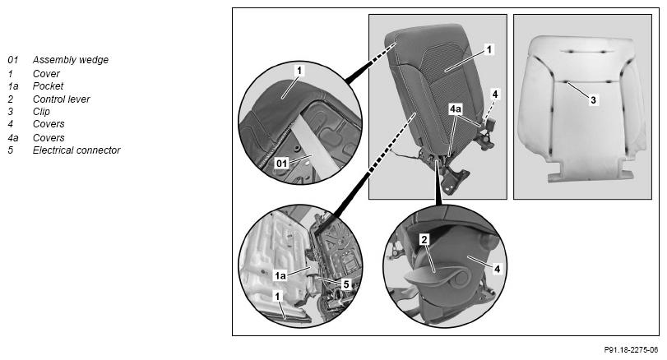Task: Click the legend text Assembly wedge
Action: pos(71,60)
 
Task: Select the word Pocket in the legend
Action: pos(48,85)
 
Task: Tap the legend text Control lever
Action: pos(61,99)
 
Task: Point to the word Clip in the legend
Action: pos(41,112)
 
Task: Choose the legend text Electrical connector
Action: pos(76,150)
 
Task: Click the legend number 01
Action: pos(13,60)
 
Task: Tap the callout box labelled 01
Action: pos(281,163)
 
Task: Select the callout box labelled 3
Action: pos(594,100)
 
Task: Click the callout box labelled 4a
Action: pos(455,109)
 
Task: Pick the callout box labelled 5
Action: pos(346,284)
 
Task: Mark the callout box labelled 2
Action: pos(424,240)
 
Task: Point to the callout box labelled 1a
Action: pos(280,276)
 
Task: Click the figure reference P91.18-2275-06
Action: pos(631,350)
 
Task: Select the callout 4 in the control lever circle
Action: pos(497,269)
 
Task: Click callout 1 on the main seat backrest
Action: pos(489,50)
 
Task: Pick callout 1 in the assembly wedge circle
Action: pos(299,71)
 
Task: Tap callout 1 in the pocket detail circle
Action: pos(278,296)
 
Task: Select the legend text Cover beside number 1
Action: pos(46,73)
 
